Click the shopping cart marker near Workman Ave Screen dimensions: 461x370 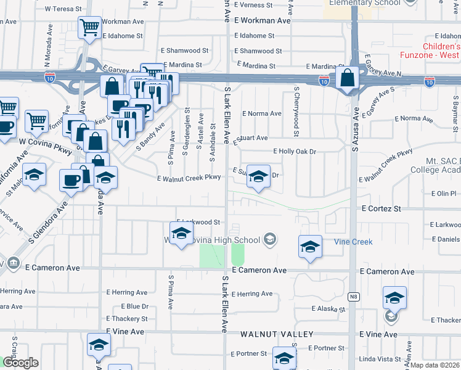(x=90, y=27)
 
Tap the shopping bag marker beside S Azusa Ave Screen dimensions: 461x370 (x=348, y=78)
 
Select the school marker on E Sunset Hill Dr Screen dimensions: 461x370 (x=259, y=176)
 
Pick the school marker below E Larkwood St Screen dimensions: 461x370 (x=181, y=234)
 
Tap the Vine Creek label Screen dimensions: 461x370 (x=353, y=242)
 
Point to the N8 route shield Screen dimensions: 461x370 (x=353, y=297)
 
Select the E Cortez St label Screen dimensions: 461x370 (x=381, y=209)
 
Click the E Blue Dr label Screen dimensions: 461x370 (x=127, y=306)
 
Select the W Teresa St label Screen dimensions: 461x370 (x=63, y=9)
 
